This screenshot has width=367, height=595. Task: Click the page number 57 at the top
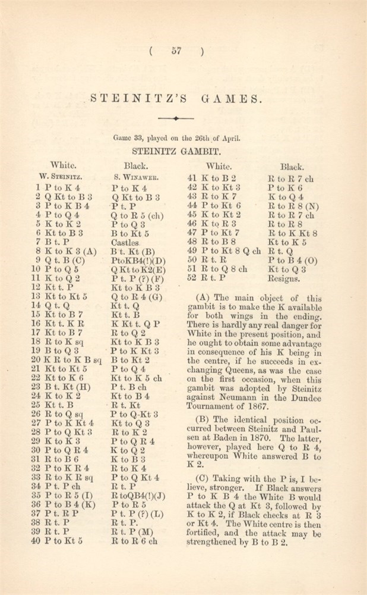[177, 52]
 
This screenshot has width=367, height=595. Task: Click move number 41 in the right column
[192, 177]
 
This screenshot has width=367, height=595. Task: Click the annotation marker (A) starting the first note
[201, 300]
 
